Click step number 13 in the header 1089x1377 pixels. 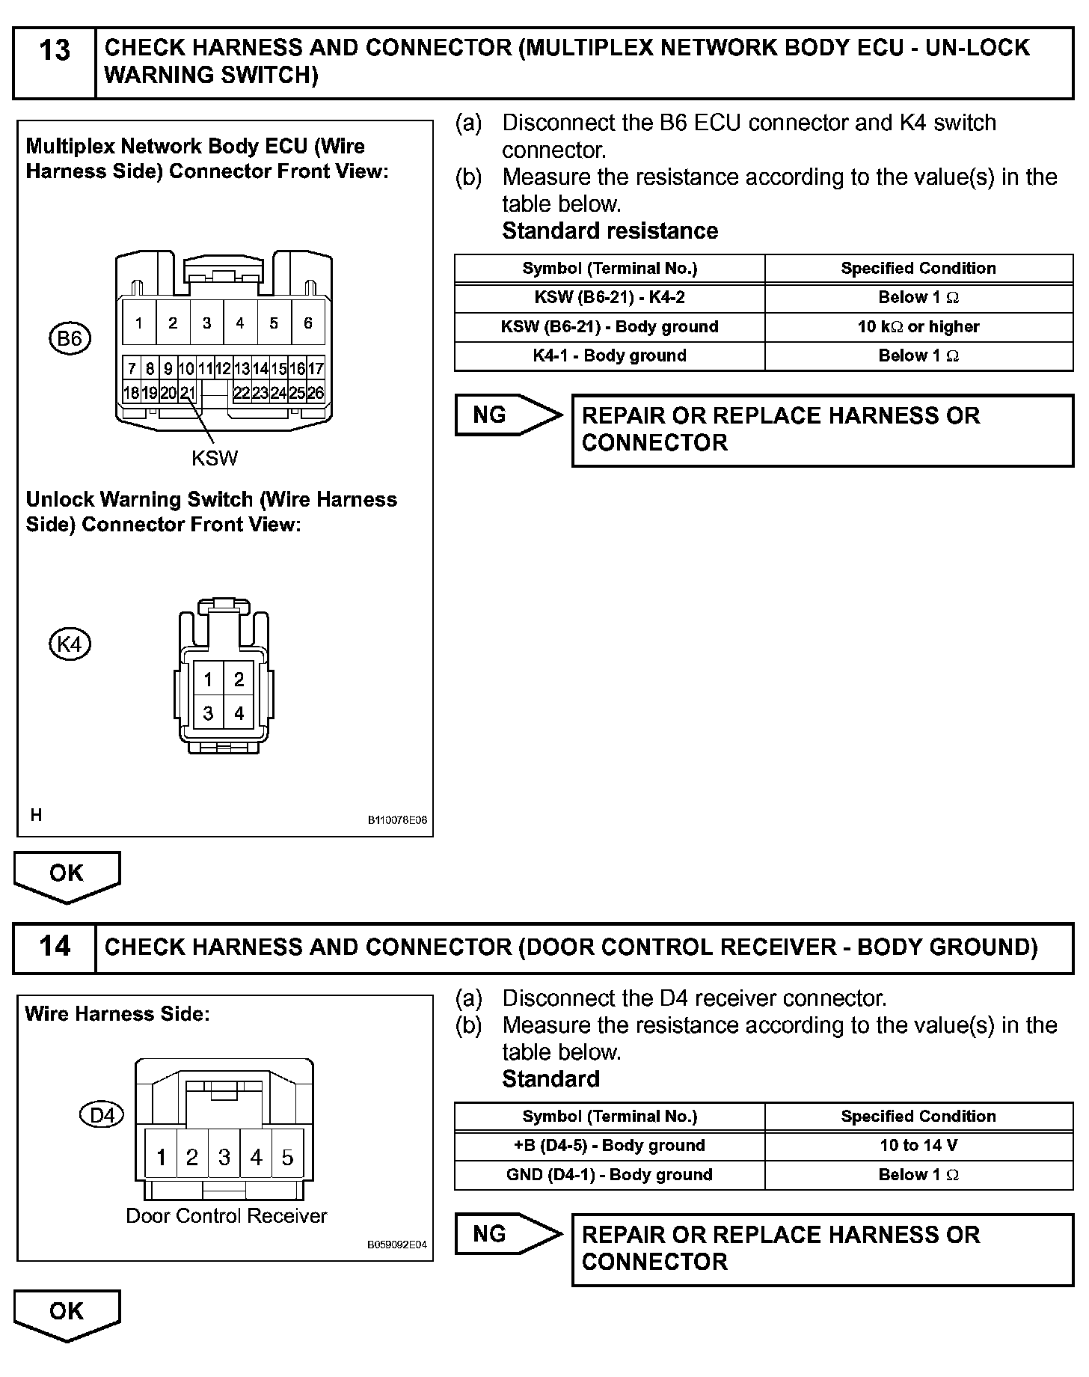(54, 51)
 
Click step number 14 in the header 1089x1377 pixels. (54, 946)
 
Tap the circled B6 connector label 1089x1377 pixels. (70, 339)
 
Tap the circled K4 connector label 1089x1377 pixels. (70, 644)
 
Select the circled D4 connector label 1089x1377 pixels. (101, 1115)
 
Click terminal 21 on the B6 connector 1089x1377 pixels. (187, 393)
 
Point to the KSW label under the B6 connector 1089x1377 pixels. (215, 458)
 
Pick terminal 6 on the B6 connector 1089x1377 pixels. (307, 323)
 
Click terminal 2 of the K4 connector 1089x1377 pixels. (239, 680)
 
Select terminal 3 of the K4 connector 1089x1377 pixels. (208, 713)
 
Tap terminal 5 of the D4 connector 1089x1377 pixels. (288, 1158)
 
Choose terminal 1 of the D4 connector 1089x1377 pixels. (161, 1158)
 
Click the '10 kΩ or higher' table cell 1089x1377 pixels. (918, 326)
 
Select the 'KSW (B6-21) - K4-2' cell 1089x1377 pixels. (610, 297)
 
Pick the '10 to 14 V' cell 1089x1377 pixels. (918, 1145)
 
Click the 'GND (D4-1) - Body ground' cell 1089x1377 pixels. (610, 1174)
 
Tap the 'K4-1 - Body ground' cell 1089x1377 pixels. (610, 355)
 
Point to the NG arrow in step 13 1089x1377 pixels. (507, 415)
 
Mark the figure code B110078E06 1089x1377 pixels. (396, 820)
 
